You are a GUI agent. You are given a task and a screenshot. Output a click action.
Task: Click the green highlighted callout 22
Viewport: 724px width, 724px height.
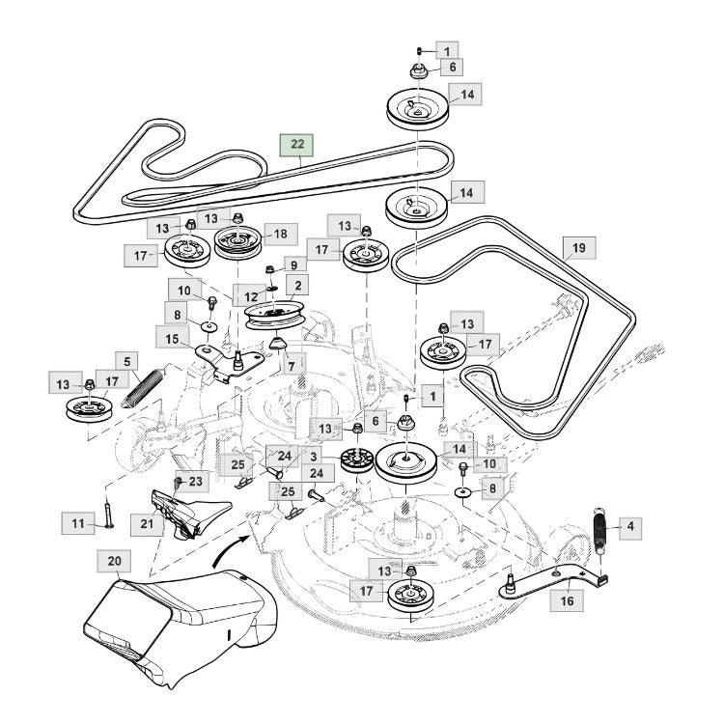pyautogui.click(x=296, y=146)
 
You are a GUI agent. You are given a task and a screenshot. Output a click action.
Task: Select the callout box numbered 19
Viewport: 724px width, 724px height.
pyautogui.click(x=579, y=248)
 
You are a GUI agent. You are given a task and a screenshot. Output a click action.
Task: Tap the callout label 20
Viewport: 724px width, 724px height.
pyautogui.click(x=114, y=561)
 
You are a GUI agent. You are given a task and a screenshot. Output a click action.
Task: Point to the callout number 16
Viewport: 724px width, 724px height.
pyautogui.click(x=567, y=600)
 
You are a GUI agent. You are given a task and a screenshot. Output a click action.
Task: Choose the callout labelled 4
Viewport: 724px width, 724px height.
pyautogui.click(x=630, y=527)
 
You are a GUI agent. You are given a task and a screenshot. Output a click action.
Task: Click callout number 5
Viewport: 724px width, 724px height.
pyautogui.click(x=126, y=362)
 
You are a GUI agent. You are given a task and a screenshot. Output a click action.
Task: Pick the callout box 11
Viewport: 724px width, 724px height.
pyautogui.click(x=78, y=523)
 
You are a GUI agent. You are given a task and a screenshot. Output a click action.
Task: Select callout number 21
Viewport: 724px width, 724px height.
pyautogui.click(x=148, y=524)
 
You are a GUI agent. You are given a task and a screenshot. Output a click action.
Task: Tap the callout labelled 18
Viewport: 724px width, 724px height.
pyautogui.click(x=281, y=235)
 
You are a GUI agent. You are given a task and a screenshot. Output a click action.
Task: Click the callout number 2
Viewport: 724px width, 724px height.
pyautogui.click(x=298, y=286)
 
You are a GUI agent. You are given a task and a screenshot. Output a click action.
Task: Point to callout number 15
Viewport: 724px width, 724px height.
pyautogui.click(x=172, y=338)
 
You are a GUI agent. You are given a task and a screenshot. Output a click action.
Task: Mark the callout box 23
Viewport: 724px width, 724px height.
pyautogui.click(x=195, y=481)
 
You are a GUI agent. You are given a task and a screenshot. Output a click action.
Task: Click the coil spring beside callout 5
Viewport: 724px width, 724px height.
pyautogui.click(x=142, y=388)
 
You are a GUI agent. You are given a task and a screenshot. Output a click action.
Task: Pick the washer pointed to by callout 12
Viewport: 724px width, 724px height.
pyautogui.click(x=273, y=289)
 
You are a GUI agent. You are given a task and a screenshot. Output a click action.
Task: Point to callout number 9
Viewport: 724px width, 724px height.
pyautogui.click(x=294, y=265)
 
